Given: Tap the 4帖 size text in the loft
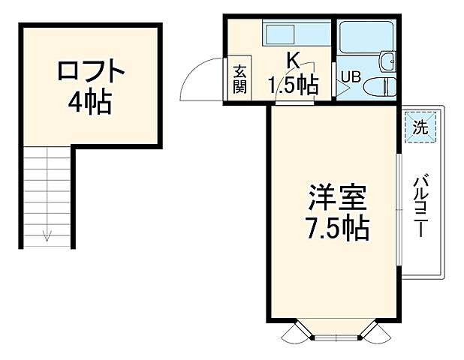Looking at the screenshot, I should pos(90,101).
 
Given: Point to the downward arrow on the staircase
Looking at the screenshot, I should pos(47,234).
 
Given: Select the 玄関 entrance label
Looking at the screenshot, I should pos(240,79).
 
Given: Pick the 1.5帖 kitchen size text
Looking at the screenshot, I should pos(294,85).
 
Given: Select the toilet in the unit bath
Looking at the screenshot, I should pos(383,84).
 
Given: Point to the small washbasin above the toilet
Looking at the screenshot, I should pos(388,61).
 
